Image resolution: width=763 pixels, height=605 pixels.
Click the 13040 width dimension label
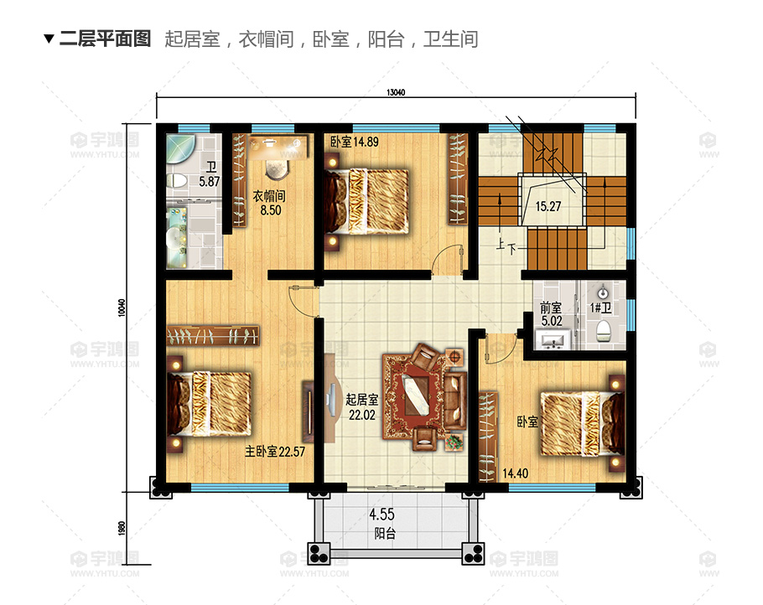coord(396,92)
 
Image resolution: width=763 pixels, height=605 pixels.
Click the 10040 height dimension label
coord(122,308)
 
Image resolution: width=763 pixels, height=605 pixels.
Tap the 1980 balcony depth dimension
coord(122,529)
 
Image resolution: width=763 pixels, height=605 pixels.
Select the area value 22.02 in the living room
coord(361,415)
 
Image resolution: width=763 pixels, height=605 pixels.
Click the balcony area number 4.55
coord(381,514)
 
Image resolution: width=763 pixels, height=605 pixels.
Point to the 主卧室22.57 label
coord(274,452)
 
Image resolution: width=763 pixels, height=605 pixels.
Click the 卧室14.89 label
coord(354,142)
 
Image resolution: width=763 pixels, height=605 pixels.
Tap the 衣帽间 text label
coord(269,196)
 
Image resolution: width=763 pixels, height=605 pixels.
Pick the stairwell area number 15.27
coord(548,207)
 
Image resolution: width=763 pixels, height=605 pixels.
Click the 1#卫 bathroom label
coord(600,308)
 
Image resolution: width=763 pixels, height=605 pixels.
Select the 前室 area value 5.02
coord(552,321)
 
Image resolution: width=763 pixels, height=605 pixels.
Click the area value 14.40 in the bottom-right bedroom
coord(516,473)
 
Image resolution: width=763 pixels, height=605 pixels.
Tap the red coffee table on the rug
coord(415,395)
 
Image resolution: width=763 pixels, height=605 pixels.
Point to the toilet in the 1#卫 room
coord(604,331)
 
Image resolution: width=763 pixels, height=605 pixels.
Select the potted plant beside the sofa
coord(454,442)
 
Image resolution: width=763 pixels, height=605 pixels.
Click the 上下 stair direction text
coord(506,246)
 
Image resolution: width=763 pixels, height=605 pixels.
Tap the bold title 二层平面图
coord(105,39)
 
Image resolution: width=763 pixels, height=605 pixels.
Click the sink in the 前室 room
coord(552,339)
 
